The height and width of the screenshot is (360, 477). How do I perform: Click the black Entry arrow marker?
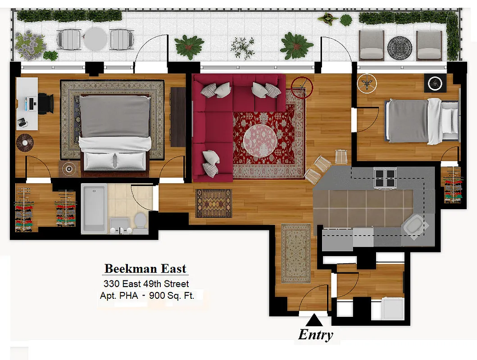pyautogui.click(x=314, y=320)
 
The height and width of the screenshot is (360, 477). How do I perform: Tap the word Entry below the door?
pyautogui.click(x=316, y=335)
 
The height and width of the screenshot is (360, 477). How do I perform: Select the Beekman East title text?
pyautogui.click(x=145, y=269)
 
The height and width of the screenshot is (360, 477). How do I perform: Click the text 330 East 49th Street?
pyautogui.click(x=146, y=284)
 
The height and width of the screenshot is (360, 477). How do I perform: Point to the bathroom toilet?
pyautogui.click(x=141, y=222)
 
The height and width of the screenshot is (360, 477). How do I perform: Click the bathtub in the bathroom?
pyautogui.click(x=94, y=208)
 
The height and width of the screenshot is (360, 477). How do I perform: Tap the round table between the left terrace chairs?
pyautogui.click(x=95, y=39)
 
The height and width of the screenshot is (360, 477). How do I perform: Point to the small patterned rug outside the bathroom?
pyautogui.click(x=214, y=203)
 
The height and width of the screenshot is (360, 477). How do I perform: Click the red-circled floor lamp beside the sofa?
pyautogui.click(x=301, y=87)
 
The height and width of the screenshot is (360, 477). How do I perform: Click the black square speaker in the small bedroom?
pyautogui.click(x=435, y=83)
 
